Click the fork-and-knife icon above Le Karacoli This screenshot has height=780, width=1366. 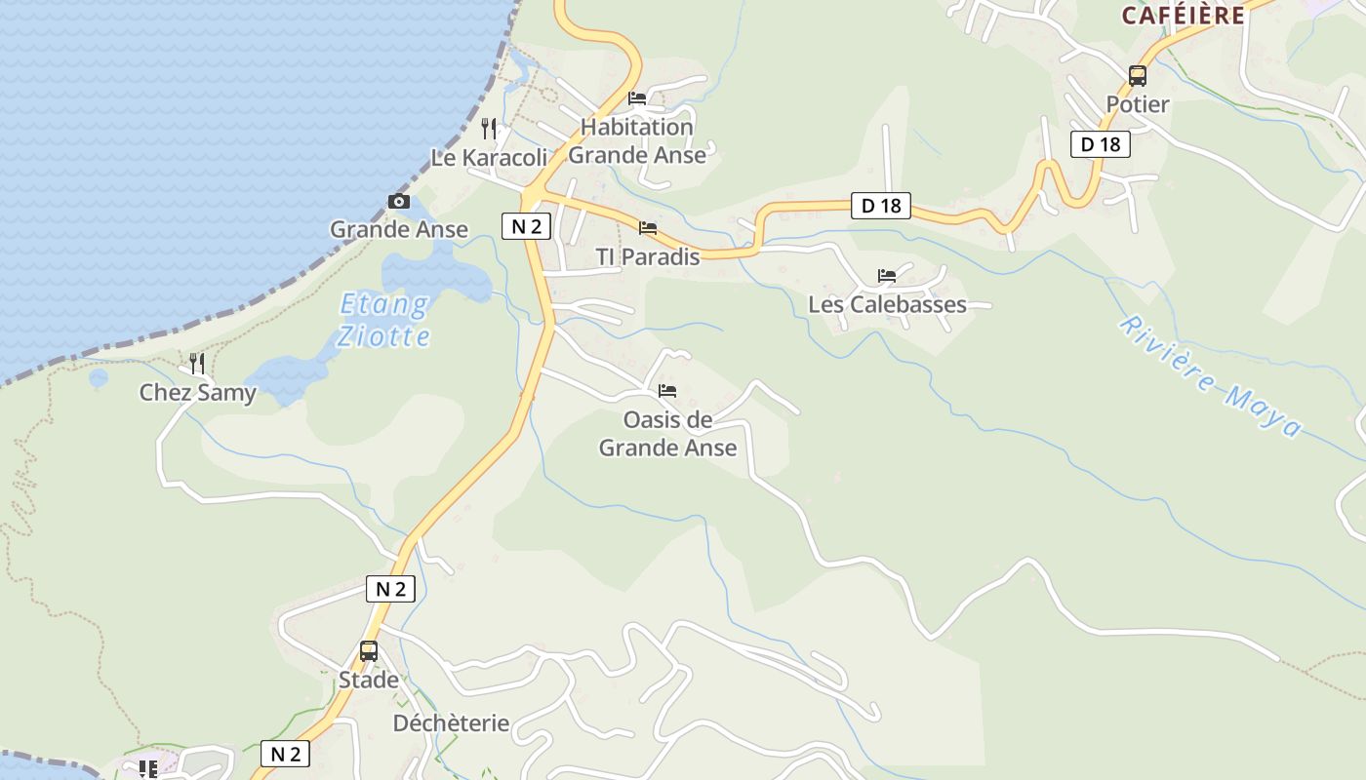tap(490, 128)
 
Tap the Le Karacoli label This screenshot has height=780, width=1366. tap(489, 157)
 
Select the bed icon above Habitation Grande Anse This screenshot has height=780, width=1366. tap(637, 98)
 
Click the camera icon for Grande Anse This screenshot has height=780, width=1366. tap(399, 202)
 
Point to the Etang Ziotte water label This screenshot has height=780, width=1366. tap(383, 321)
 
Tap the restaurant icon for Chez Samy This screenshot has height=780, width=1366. tap(197, 364)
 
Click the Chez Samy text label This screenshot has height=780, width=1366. tap(197, 393)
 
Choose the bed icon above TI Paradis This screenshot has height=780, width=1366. tap(647, 228)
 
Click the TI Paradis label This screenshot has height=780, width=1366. tap(648, 257)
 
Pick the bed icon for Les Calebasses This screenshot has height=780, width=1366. tap(886, 276)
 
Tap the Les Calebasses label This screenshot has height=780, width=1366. tap(887, 304)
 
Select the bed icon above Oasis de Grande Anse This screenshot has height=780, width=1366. tap(667, 391)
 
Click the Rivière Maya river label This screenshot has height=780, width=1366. tap(1209, 375)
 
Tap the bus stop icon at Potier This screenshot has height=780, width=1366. tap(1137, 75)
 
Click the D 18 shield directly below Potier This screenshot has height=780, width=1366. tap(1100, 144)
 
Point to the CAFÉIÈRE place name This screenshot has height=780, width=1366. tap(1183, 16)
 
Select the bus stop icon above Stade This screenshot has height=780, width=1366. tap(369, 651)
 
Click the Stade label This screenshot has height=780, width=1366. tap(369, 680)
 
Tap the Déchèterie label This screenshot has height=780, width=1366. tap(451, 723)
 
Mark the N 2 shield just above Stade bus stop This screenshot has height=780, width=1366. tap(390, 589)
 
